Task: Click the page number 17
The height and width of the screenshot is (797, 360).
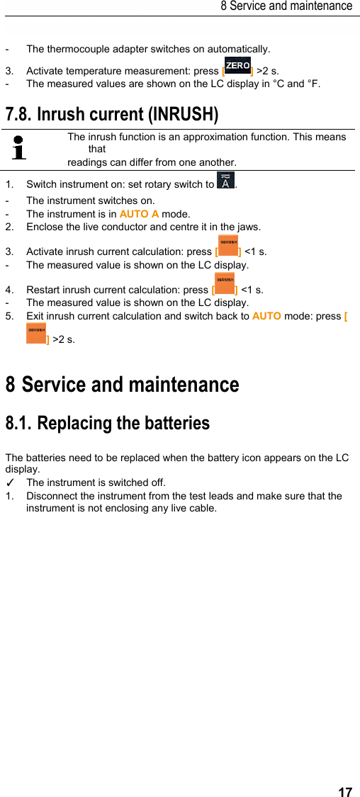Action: pos(345,792)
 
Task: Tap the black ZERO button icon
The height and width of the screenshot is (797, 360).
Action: pos(237,66)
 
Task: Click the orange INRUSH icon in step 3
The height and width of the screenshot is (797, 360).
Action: pos(228,245)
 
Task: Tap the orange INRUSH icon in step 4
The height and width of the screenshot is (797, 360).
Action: pos(225,283)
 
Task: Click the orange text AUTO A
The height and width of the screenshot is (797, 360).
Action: pos(139,214)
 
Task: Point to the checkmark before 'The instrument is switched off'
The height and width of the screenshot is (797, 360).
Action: pos(9,482)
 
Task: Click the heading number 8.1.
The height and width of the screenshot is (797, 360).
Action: pos(18,424)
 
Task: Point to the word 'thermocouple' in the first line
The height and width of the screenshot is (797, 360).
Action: pos(79,50)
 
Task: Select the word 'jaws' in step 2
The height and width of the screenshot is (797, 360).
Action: pos(248,227)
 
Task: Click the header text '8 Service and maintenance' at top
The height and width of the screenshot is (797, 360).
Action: pos(286,6)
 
